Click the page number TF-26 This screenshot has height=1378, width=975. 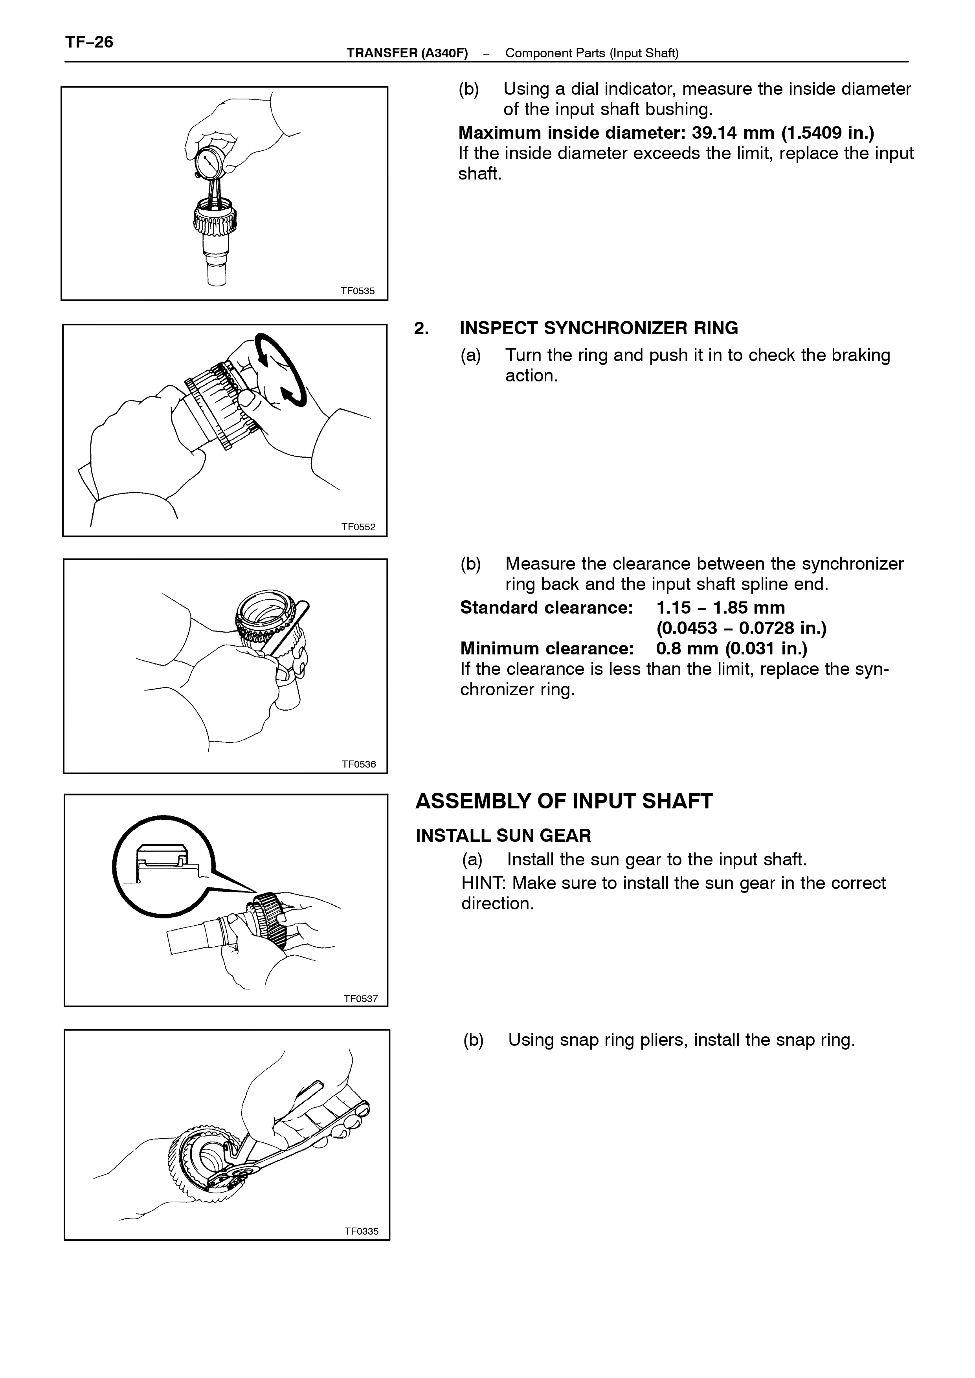click(x=89, y=42)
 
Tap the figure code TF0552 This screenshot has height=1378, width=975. click(x=358, y=527)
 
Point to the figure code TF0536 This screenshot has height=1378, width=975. click(x=359, y=764)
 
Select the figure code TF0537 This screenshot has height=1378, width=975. click(x=361, y=999)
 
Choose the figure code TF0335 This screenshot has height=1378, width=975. click(x=362, y=1231)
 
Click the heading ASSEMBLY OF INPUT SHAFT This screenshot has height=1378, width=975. click(x=564, y=801)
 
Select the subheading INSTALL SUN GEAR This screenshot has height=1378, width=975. click(x=503, y=836)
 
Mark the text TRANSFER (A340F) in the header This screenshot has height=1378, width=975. click(x=407, y=53)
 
